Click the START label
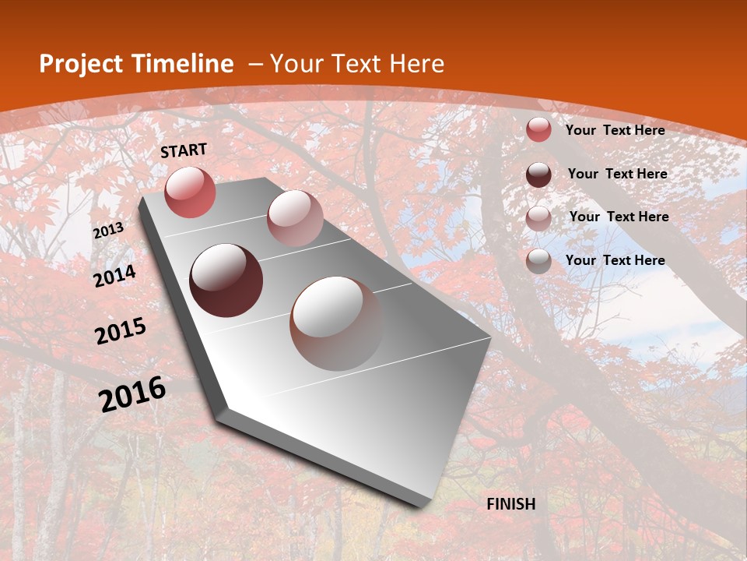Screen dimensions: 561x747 coord(184,150)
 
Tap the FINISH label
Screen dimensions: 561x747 coord(511,504)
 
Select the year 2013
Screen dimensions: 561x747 coord(108,231)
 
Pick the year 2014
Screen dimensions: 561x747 coord(114,276)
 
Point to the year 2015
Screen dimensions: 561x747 coord(121,331)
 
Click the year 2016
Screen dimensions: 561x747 coord(132,393)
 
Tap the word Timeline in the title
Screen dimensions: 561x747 coord(182,64)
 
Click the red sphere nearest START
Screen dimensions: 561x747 coord(190,192)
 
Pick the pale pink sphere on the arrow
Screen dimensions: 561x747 coord(294,218)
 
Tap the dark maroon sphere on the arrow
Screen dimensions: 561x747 coord(226,280)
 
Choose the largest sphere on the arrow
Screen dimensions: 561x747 coord(336,323)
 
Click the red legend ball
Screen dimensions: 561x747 coord(538,130)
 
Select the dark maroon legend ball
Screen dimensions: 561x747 coord(538,175)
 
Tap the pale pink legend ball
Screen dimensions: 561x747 coord(538,218)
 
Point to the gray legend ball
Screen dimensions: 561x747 coord(538,261)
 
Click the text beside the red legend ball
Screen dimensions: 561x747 coord(615,130)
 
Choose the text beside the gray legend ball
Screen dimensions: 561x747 coord(615,260)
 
